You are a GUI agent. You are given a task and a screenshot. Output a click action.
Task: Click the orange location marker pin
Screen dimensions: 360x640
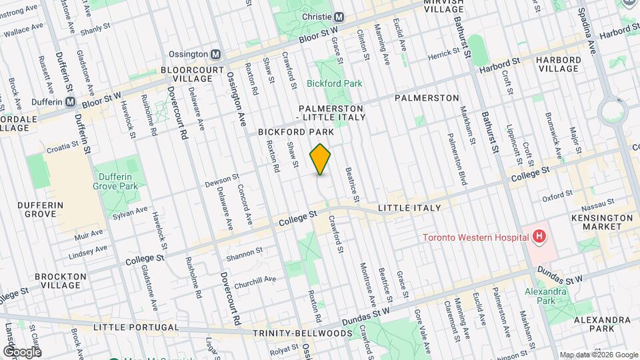point(321,159)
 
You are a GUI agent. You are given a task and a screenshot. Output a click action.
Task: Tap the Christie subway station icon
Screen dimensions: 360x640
point(339,17)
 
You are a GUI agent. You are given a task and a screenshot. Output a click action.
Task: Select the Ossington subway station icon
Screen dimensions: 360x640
point(215,54)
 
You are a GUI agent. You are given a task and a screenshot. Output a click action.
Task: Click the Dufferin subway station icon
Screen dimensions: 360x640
point(70,102)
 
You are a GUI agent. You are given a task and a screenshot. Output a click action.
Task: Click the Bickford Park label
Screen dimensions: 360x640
point(334,84)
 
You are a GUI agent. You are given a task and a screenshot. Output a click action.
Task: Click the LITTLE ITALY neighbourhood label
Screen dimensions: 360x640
point(409,208)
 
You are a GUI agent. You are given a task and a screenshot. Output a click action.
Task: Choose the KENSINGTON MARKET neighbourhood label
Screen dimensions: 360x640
point(602,223)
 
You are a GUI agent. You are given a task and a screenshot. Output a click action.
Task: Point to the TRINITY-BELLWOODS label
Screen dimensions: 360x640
point(302,333)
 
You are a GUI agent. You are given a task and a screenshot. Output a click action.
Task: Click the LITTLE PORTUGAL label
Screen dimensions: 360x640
point(136,327)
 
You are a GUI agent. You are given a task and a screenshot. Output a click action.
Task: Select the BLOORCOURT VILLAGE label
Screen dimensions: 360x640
point(186,74)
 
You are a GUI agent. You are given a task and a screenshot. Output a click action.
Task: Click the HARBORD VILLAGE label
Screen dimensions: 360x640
point(559,64)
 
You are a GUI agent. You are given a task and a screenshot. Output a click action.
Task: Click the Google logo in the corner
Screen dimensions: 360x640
point(21,351)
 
